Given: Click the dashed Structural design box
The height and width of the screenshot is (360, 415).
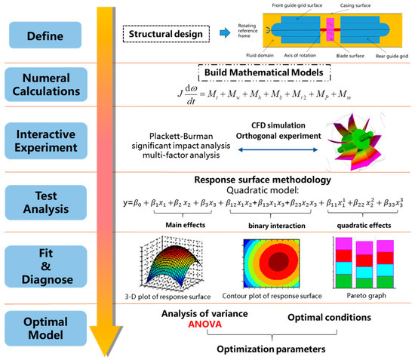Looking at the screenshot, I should point(164,33).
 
